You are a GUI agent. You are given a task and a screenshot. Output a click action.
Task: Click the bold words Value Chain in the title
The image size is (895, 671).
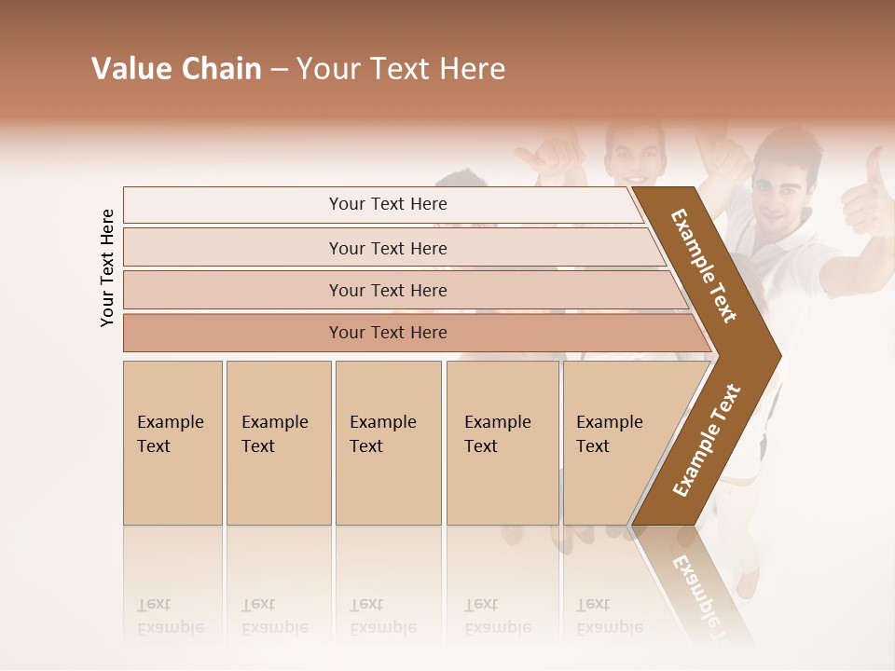point(176,69)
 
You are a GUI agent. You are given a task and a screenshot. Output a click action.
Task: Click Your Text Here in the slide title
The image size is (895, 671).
point(401,69)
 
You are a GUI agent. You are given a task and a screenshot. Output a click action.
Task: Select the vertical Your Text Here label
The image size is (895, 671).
point(107,267)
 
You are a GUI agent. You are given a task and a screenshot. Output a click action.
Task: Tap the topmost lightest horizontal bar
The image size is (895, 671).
point(387,204)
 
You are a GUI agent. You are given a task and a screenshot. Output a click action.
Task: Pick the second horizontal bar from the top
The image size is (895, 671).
point(387,248)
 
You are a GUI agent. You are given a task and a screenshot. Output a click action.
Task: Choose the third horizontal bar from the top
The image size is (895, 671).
point(387,290)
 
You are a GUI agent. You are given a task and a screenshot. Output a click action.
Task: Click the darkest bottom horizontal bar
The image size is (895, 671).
point(387,333)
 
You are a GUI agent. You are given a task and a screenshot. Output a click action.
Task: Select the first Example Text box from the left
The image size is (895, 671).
point(172,442)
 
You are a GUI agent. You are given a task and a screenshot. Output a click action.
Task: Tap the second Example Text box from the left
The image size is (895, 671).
point(278,442)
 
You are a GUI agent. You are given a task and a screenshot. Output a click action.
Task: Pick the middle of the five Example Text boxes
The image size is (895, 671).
point(388,442)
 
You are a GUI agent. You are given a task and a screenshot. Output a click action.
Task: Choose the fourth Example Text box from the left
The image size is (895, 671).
point(503,442)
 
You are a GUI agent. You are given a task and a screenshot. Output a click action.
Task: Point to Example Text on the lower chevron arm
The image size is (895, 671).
point(706,441)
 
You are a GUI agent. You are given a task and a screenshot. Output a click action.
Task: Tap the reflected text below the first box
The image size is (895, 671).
point(171,616)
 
